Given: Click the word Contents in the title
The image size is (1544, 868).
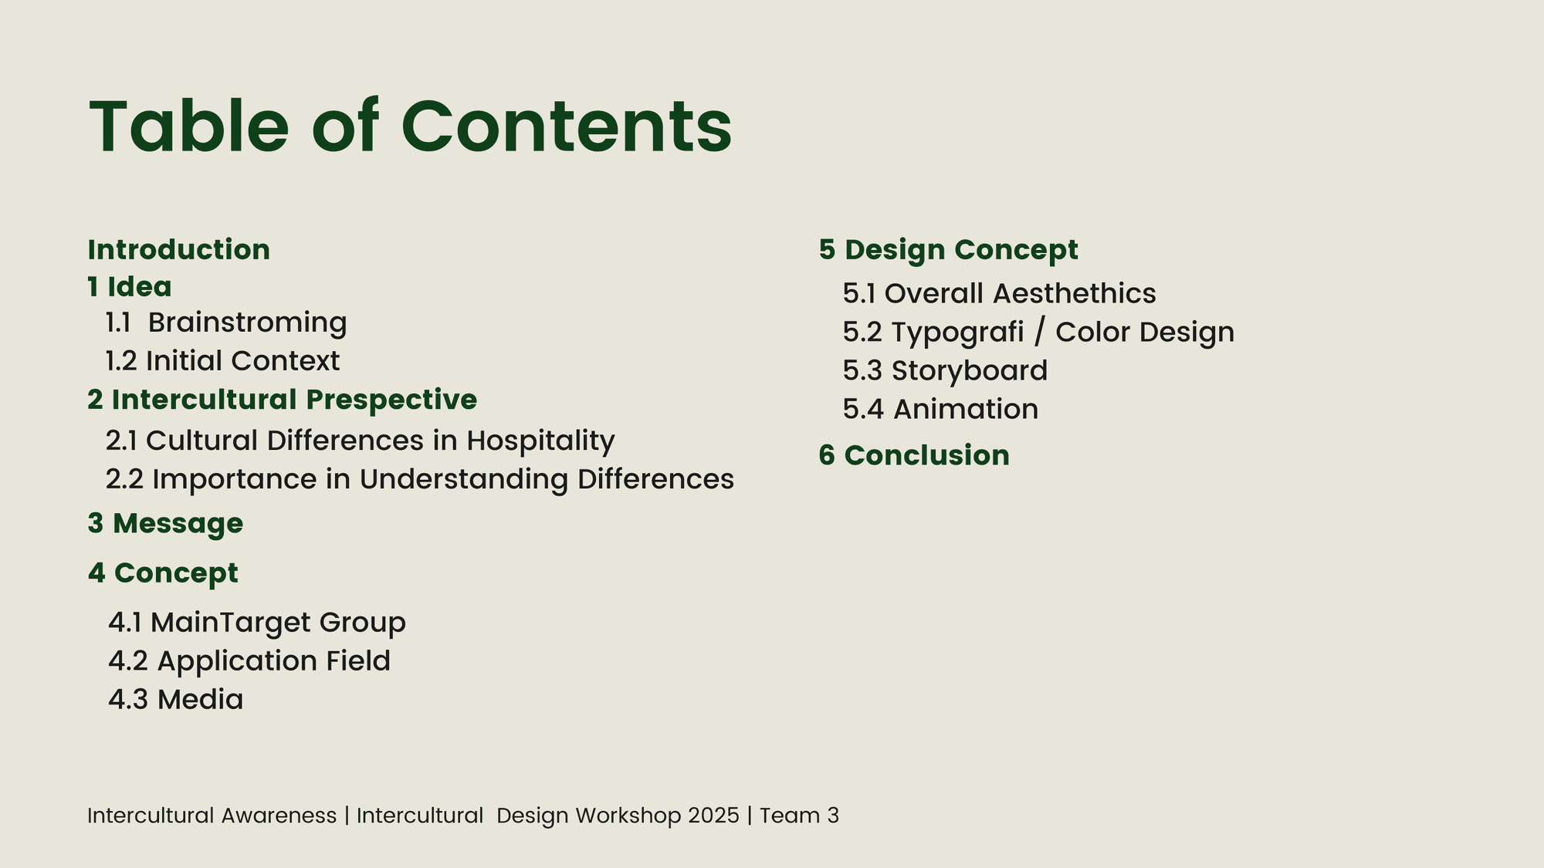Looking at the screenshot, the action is tap(566, 127).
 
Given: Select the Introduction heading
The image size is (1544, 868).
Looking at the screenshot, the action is tap(179, 249).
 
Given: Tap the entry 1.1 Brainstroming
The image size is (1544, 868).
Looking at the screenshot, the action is tap(226, 323).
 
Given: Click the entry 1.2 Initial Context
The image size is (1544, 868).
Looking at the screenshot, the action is tap(222, 360).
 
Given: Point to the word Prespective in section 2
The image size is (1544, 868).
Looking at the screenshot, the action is tap(391, 400).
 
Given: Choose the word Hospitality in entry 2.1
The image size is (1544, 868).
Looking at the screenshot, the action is tap(540, 441).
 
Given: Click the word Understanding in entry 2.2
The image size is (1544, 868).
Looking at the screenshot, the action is tap(464, 480).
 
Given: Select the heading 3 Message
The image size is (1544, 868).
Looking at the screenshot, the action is tap(165, 524).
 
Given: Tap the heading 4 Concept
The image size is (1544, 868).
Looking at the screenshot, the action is tap(163, 573).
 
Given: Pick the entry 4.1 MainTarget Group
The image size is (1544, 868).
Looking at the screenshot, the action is tap(257, 623).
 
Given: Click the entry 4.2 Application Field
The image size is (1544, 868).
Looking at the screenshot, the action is tap(249, 661).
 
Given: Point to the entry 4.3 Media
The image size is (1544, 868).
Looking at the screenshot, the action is tap(176, 700).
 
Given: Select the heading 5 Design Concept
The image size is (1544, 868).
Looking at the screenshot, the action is tap(949, 250).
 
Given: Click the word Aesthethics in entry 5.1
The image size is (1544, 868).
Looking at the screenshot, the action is tap(1075, 293).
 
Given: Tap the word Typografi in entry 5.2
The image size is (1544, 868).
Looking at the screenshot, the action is tap(957, 333).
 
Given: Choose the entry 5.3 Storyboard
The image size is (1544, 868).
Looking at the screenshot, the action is tap(946, 371).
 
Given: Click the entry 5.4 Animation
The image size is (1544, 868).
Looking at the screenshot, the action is tap(941, 409).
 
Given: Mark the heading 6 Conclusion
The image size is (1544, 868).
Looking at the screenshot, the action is tap(914, 455).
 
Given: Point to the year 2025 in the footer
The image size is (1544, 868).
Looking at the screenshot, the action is tap(713, 816).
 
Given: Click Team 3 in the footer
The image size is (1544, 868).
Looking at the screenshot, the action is tap(799, 816).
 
